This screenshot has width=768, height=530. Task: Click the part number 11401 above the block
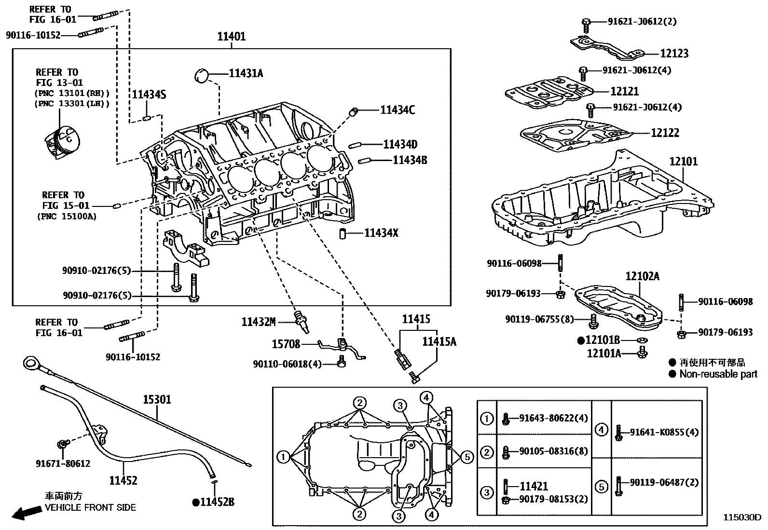pos(231,37)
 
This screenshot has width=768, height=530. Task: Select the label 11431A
pos(246,73)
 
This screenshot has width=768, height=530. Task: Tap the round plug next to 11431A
pos(201,75)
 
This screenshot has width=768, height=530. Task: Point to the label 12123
pos(674,54)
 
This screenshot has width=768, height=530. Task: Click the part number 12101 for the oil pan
pos(684,162)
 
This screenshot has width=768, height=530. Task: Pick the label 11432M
pos(258,322)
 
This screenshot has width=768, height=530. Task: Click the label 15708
pos(286,344)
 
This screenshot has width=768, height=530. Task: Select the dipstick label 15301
pos(157,400)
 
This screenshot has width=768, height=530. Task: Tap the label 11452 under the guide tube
pos(123,480)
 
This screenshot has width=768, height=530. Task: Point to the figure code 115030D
pos(741,517)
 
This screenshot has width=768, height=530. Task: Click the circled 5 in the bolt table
pos(601,487)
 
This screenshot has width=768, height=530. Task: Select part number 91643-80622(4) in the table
pos(553,418)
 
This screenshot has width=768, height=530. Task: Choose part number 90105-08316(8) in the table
pos(553,451)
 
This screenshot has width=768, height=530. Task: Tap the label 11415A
pos(439,342)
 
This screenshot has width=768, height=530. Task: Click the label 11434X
pos(381,233)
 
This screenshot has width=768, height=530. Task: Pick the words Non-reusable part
pos(718,374)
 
